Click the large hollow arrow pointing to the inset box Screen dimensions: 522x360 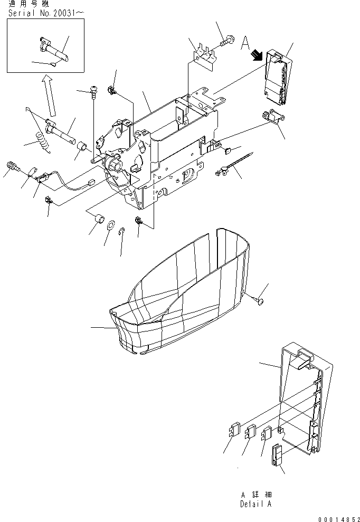[50, 95]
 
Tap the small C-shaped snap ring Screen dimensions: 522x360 [122, 231]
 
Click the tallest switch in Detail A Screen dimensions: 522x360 [277, 454]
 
